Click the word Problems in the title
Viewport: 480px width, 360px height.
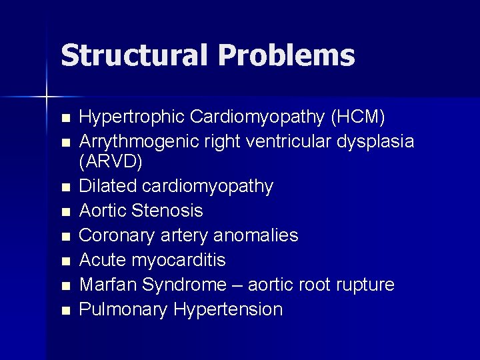286,55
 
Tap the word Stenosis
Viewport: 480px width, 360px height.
167,211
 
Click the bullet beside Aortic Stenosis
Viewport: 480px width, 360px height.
65,212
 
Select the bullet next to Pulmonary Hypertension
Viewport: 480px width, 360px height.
65,311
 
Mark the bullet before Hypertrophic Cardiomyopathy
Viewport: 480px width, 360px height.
65,119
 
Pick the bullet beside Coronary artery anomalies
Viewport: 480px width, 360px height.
65,237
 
